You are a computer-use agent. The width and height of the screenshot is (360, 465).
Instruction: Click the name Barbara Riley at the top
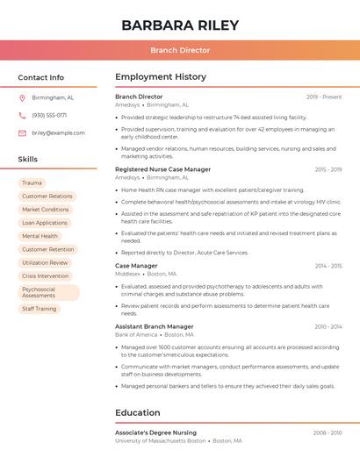click(180, 25)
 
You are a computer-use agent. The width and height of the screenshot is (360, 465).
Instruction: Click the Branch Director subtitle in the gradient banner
click(180, 50)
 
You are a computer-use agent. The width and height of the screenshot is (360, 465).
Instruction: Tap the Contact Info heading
click(41, 77)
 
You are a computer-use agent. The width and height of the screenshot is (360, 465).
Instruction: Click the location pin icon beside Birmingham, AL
click(22, 97)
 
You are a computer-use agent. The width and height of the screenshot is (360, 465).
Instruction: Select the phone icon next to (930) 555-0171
click(22, 115)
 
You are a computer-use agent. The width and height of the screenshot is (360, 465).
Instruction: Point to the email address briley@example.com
click(59, 132)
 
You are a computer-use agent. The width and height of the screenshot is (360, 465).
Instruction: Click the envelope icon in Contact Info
click(22, 132)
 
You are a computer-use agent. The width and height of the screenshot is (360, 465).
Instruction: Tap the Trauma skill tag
click(32, 182)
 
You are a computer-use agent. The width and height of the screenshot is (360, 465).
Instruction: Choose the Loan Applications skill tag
click(45, 223)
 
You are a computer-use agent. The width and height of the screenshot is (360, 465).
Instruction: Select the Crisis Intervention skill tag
click(46, 275)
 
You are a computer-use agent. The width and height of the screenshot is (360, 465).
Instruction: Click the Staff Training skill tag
click(40, 309)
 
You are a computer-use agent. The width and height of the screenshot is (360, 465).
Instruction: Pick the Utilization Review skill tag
click(45, 262)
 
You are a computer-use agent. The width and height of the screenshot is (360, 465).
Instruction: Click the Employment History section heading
click(161, 77)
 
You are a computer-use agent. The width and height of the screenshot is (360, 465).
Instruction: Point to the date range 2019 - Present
click(324, 97)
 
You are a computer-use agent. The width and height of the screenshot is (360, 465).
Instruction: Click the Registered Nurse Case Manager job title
click(162, 169)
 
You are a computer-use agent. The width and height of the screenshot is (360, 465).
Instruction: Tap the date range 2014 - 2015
click(328, 265)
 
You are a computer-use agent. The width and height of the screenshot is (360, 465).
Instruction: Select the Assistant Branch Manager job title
click(154, 326)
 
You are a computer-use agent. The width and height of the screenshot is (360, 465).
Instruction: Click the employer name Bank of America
click(136, 334)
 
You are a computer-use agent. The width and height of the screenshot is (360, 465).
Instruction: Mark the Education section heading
click(138, 412)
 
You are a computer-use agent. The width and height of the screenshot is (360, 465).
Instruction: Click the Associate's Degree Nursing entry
click(155, 433)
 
